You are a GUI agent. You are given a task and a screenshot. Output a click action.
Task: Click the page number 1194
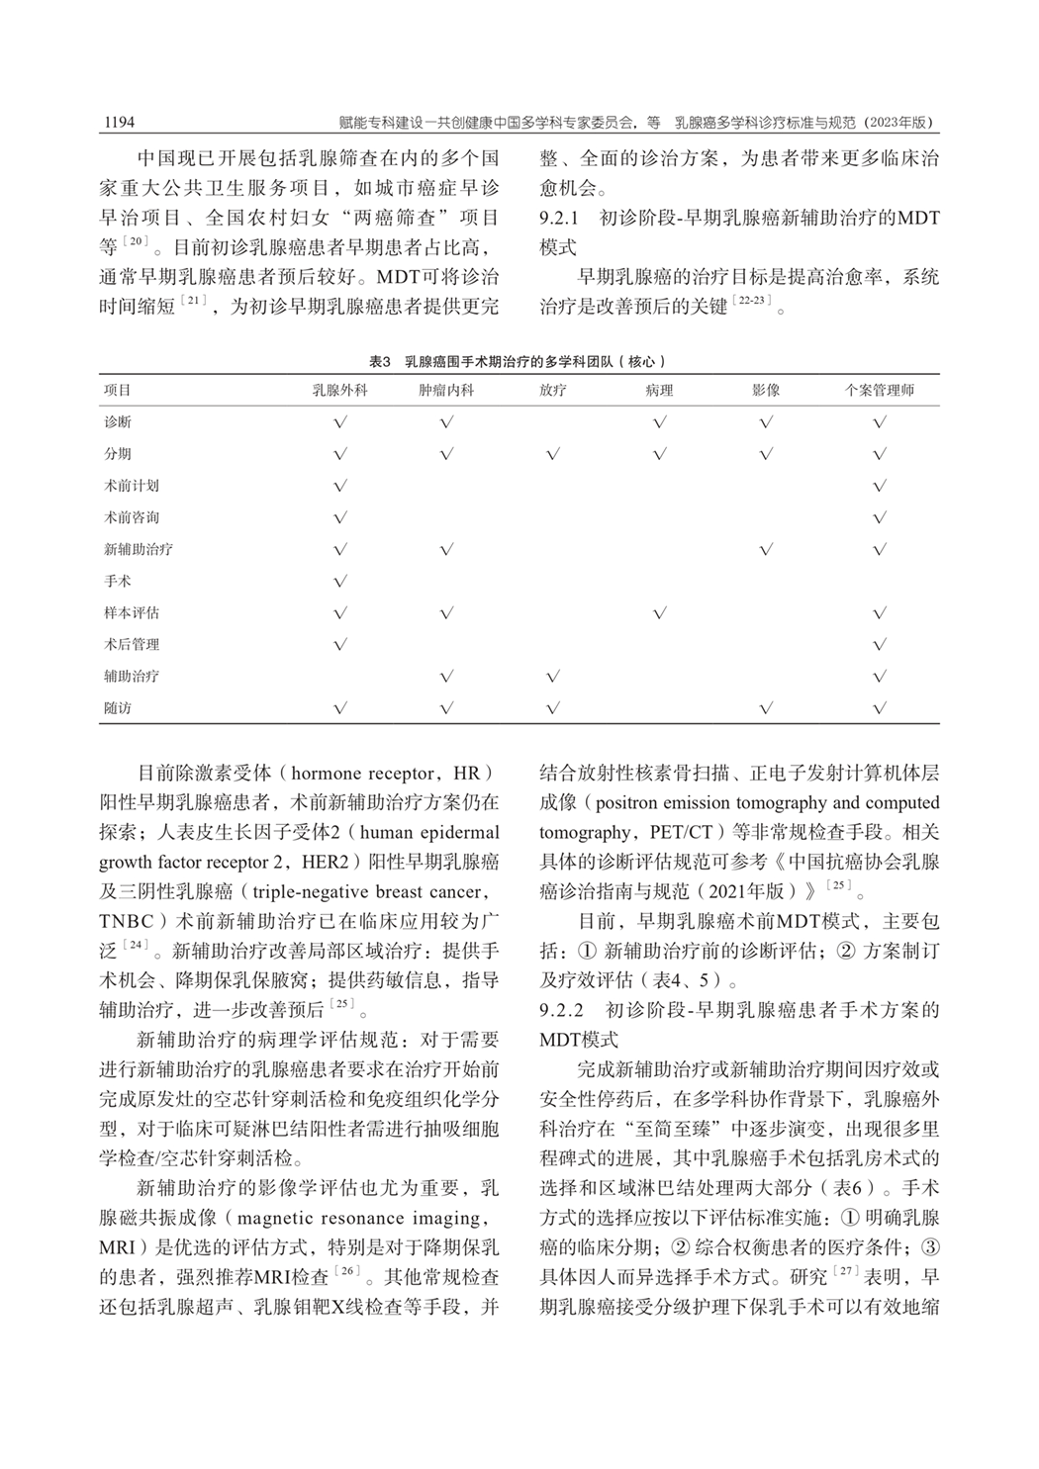click(118, 123)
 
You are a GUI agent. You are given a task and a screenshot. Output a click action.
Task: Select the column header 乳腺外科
click(339, 391)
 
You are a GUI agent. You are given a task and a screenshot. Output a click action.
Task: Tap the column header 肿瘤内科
click(446, 391)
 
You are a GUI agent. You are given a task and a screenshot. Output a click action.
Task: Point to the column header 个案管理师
click(879, 391)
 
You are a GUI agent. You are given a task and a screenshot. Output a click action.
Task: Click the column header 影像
click(765, 391)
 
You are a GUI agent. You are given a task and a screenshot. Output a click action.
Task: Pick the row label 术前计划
click(131, 486)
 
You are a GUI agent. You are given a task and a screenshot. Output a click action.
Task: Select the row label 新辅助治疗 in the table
click(138, 549)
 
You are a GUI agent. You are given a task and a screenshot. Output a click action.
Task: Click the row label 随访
click(117, 708)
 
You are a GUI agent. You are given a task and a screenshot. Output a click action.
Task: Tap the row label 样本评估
click(131, 612)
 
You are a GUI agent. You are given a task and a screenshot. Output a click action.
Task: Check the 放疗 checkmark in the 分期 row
click(553, 454)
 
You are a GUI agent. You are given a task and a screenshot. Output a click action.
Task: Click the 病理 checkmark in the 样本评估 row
click(660, 613)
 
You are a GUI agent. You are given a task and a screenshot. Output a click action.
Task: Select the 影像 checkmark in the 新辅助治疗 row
click(765, 549)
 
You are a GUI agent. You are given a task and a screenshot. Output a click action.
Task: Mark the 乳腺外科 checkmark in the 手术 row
click(340, 582)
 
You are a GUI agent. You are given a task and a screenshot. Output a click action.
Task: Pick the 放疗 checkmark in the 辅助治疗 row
click(553, 677)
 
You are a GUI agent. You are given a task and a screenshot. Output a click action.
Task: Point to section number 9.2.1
click(564, 217)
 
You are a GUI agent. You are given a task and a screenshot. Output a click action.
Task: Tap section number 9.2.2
click(564, 1010)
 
